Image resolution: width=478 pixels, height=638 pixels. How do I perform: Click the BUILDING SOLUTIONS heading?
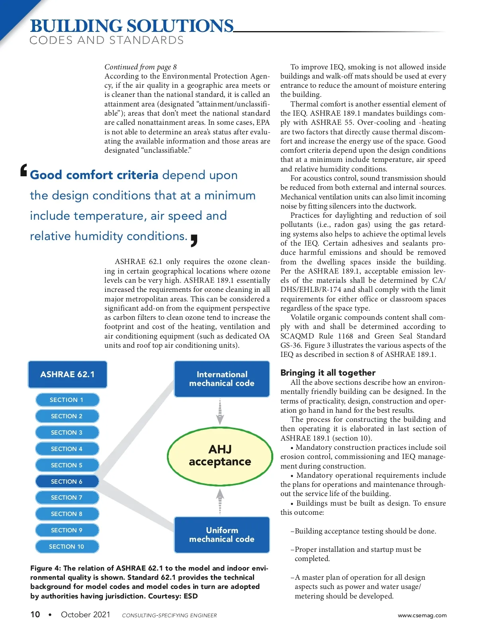point(131,26)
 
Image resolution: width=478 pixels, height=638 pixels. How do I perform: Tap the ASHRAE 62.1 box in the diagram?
point(67,374)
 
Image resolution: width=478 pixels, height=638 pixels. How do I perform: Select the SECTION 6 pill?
point(67,481)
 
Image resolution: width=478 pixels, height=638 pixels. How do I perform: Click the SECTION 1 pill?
point(67,400)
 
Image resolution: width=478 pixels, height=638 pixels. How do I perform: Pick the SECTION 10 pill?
point(67,546)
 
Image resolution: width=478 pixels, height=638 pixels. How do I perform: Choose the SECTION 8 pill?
point(67,514)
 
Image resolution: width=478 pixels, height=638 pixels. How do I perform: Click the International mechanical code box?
point(222,379)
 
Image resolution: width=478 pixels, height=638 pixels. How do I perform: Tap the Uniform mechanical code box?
point(222,535)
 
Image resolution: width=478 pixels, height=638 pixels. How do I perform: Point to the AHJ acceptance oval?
point(220,456)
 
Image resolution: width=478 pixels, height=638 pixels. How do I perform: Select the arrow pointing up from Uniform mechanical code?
point(220,501)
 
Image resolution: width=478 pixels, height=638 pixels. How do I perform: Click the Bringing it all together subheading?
point(328,372)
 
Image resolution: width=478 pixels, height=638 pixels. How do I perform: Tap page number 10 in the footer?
point(35,614)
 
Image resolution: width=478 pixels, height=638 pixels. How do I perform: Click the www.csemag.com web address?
point(422,615)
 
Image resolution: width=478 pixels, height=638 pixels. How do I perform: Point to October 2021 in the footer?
point(86,614)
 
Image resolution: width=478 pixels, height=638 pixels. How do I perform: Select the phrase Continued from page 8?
point(141,67)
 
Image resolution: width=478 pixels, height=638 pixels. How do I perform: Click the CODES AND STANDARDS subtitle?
point(106,40)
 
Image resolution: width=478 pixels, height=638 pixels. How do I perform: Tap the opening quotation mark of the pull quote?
point(24,170)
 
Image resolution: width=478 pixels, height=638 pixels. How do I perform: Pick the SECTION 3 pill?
point(67,432)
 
